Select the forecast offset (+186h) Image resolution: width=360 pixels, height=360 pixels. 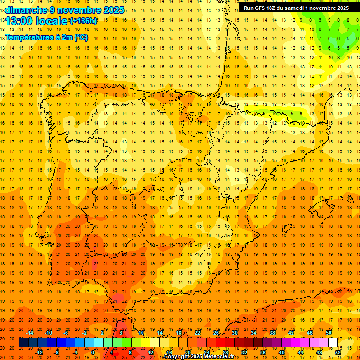point(83,21)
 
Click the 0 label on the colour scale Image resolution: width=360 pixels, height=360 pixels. point(93,352)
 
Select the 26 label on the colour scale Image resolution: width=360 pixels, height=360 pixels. point(216,333)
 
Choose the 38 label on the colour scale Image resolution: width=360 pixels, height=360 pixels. point(272,333)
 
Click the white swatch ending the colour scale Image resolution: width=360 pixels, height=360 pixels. point(333,343)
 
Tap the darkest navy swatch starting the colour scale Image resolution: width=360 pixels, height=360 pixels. point(24,343)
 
